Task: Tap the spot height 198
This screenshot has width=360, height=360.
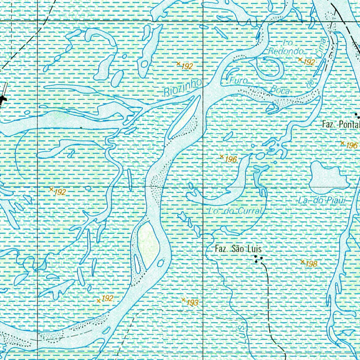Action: [309, 264]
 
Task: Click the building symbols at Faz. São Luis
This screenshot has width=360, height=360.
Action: [259, 259]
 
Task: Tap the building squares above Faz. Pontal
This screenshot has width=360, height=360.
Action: [358, 115]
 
